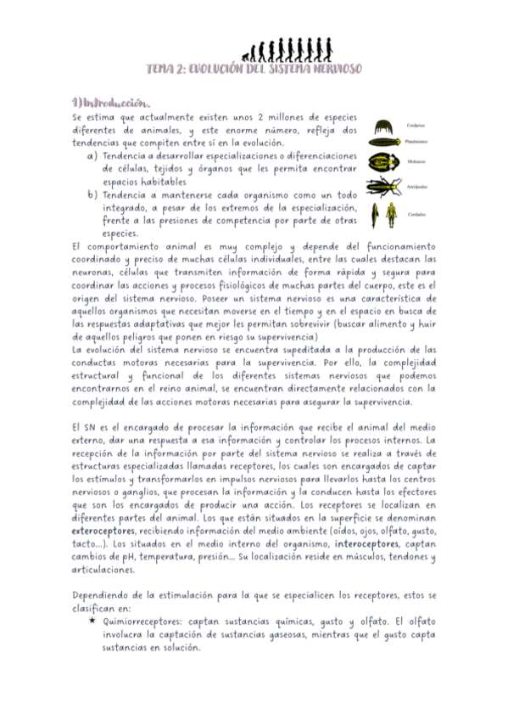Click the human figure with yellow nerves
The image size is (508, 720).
pyautogui.click(x=390, y=216)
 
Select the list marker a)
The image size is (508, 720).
pyautogui.click(x=92, y=155)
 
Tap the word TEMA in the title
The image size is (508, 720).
pyautogui.click(x=159, y=68)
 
